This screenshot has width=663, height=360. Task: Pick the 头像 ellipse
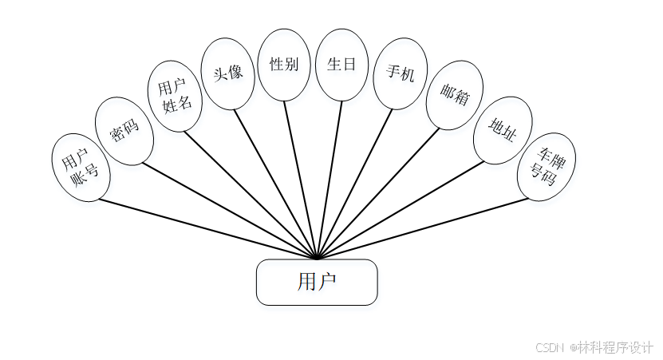(x=228, y=73)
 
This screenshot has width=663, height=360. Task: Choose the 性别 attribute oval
(x=284, y=65)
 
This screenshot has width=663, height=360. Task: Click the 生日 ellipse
(x=341, y=65)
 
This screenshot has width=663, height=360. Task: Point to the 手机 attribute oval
(x=400, y=73)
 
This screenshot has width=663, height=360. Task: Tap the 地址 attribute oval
(x=503, y=130)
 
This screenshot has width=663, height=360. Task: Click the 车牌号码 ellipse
(x=547, y=166)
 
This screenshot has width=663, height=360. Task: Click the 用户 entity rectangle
(x=316, y=282)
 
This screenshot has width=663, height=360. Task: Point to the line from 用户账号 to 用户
(x=207, y=228)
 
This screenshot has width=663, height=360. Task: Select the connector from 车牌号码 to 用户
(x=423, y=228)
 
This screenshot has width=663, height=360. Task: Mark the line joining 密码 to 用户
(x=231, y=212)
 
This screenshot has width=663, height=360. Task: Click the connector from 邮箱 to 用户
(x=379, y=193)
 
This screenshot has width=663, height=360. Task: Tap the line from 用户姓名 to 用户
(x=251, y=195)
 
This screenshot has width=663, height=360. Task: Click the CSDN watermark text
(x=594, y=348)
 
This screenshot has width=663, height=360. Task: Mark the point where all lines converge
(x=317, y=259)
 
